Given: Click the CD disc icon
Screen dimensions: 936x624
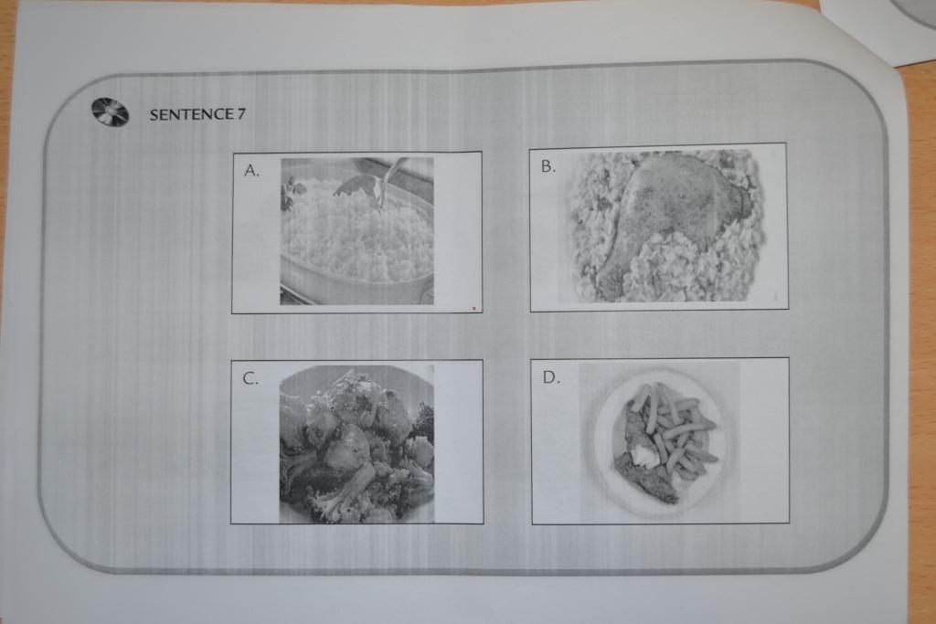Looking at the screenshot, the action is (110, 112).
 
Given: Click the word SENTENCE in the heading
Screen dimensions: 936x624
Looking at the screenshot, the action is (192, 114).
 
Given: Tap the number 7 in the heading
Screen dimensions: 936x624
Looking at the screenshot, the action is (241, 114).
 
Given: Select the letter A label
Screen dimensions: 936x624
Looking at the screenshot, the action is (251, 171).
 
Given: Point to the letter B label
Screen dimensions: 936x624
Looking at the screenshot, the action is (548, 166).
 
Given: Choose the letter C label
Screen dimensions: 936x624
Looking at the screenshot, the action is (250, 379).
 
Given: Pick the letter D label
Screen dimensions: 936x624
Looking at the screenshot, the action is (551, 377).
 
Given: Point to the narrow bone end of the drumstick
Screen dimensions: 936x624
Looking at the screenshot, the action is (609, 280).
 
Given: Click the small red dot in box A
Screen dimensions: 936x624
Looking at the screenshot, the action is (474, 309).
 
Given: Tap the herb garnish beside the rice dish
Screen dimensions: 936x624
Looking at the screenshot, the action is (292, 194).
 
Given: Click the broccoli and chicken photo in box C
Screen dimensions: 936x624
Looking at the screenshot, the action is (356, 444).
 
